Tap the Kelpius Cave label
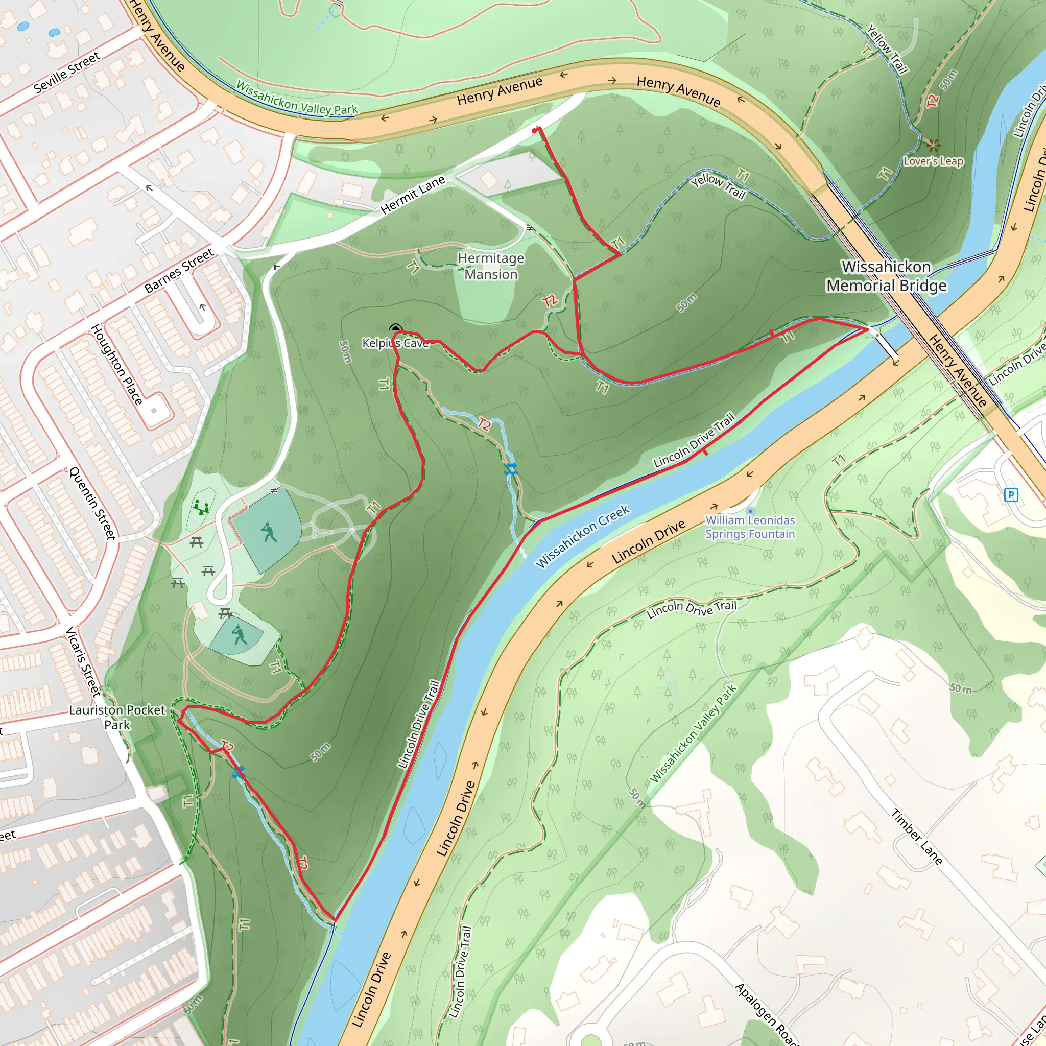click(395, 343)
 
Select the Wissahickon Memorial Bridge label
click(886, 276)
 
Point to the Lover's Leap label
click(934, 161)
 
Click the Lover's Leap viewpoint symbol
click(932, 145)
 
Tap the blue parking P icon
click(1011, 494)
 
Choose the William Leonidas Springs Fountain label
click(750, 527)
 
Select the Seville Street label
click(66, 73)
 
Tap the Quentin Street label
click(92, 503)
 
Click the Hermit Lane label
click(413, 195)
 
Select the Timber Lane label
click(916, 837)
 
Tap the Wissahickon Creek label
click(583, 537)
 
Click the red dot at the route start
click(534, 130)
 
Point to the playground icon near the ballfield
click(201, 508)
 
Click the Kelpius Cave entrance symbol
click(396, 328)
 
